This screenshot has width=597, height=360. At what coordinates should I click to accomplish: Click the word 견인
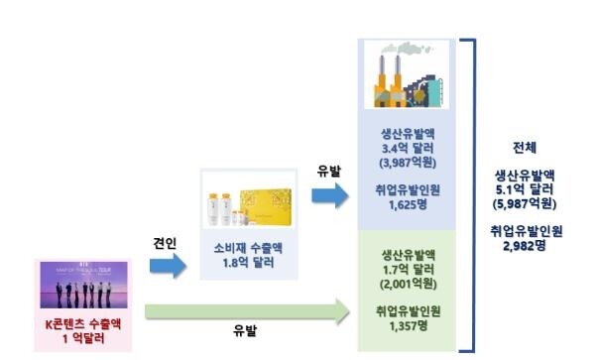click(163, 242)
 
